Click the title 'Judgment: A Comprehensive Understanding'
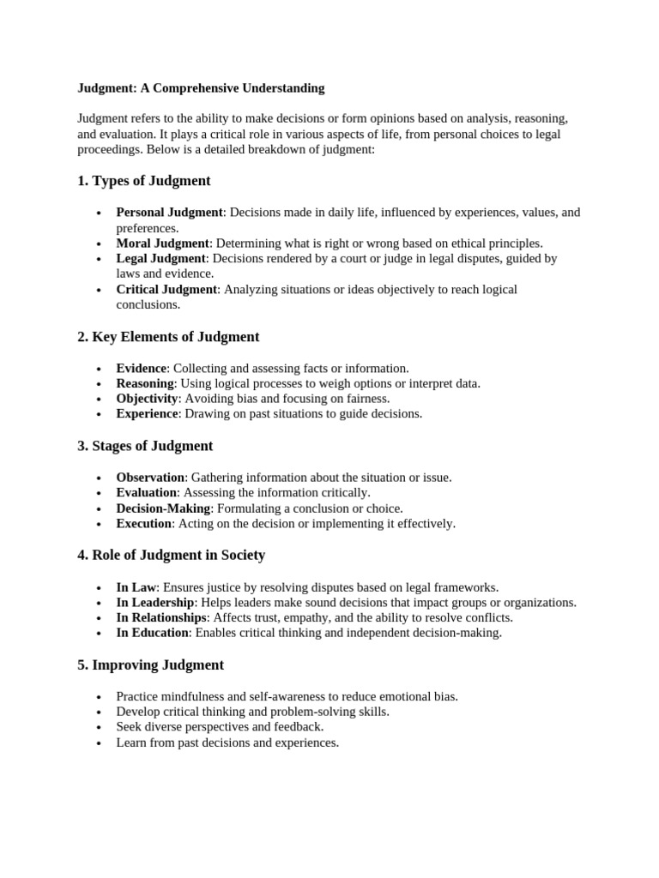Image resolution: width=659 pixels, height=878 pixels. pyautogui.click(x=201, y=88)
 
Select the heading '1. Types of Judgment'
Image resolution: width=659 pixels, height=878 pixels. pyautogui.click(x=143, y=181)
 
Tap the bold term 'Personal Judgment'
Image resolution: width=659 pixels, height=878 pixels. pyautogui.click(x=169, y=213)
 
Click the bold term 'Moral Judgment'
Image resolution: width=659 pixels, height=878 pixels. pyautogui.click(x=163, y=244)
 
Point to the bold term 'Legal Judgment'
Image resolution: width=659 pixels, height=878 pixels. pyautogui.click(x=161, y=258)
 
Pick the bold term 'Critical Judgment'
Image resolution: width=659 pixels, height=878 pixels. pyautogui.click(x=167, y=290)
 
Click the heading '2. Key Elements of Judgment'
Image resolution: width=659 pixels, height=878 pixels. pyautogui.click(x=168, y=337)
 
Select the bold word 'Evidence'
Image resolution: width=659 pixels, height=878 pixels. pyautogui.click(x=142, y=369)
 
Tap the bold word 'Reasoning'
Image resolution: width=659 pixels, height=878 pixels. pyautogui.click(x=145, y=383)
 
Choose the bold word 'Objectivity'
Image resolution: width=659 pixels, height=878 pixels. pyautogui.click(x=148, y=399)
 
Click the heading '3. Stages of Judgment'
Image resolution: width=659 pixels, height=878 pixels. pyautogui.click(x=145, y=446)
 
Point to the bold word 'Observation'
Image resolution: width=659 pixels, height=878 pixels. pyautogui.click(x=150, y=478)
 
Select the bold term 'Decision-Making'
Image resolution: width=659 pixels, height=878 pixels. pyautogui.click(x=163, y=508)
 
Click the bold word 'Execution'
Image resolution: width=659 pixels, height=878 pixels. pyautogui.click(x=144, y=524)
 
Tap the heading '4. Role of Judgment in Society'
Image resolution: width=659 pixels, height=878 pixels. pyautogui.click(x=171, y=556)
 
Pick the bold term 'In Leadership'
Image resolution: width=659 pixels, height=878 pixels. pyautogui.click(x=155, y=603)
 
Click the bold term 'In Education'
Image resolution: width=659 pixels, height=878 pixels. pyautogui.click(x=152, y=634)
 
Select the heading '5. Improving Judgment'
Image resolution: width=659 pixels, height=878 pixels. pyautogui.click(x=150, y=665)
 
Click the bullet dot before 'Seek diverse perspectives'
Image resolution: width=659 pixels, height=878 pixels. pyautogui.click(x=100, y=728)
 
